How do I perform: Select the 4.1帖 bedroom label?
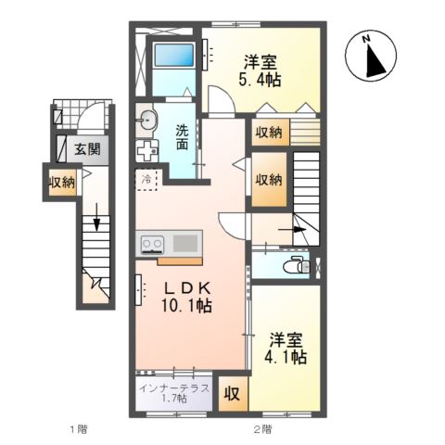coord(288,347)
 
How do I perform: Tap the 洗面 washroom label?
coord(183,137)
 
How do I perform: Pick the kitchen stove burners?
coord(152,244)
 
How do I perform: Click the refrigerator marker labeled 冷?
coord(147,177)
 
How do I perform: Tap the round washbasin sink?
coord(146,118)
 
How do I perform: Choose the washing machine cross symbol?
coord(147,151)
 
